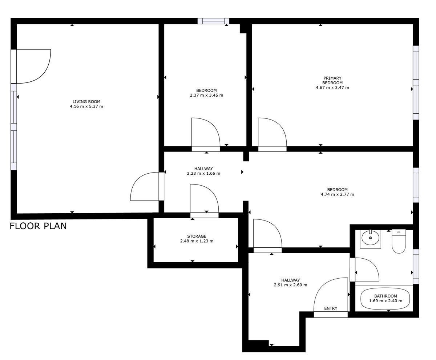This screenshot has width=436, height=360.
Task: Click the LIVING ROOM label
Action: [x=86, y=102]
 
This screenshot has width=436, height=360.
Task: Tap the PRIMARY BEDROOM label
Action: [x=332, y=80]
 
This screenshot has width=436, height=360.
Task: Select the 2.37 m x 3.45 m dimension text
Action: [x=206, y=95]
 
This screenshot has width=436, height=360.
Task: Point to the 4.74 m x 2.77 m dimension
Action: [x=337, y=194]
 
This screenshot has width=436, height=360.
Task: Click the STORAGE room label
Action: [x=197, y=236]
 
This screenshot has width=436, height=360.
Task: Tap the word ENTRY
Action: [x=331, y=308]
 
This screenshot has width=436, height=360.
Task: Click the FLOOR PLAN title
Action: [x=38, y=226]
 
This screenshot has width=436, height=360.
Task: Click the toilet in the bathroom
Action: [x=399, y=241]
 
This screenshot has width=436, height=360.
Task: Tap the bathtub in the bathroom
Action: [x=385, y=299]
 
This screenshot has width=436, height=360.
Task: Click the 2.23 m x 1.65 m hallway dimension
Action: [x=203, y=173]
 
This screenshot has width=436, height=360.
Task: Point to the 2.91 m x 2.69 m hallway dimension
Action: [x=290, y=285]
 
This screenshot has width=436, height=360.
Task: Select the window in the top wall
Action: [x=213, y=21]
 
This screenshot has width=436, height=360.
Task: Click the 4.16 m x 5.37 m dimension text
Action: [x=86, y=106]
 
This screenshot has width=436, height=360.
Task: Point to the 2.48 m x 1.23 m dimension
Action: [x=197, y=241]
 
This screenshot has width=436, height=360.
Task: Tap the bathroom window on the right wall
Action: [x=416, y=266]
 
